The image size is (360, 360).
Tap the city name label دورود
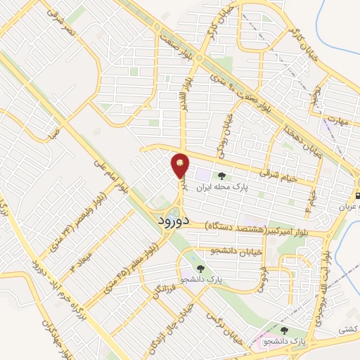click(170, 220)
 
